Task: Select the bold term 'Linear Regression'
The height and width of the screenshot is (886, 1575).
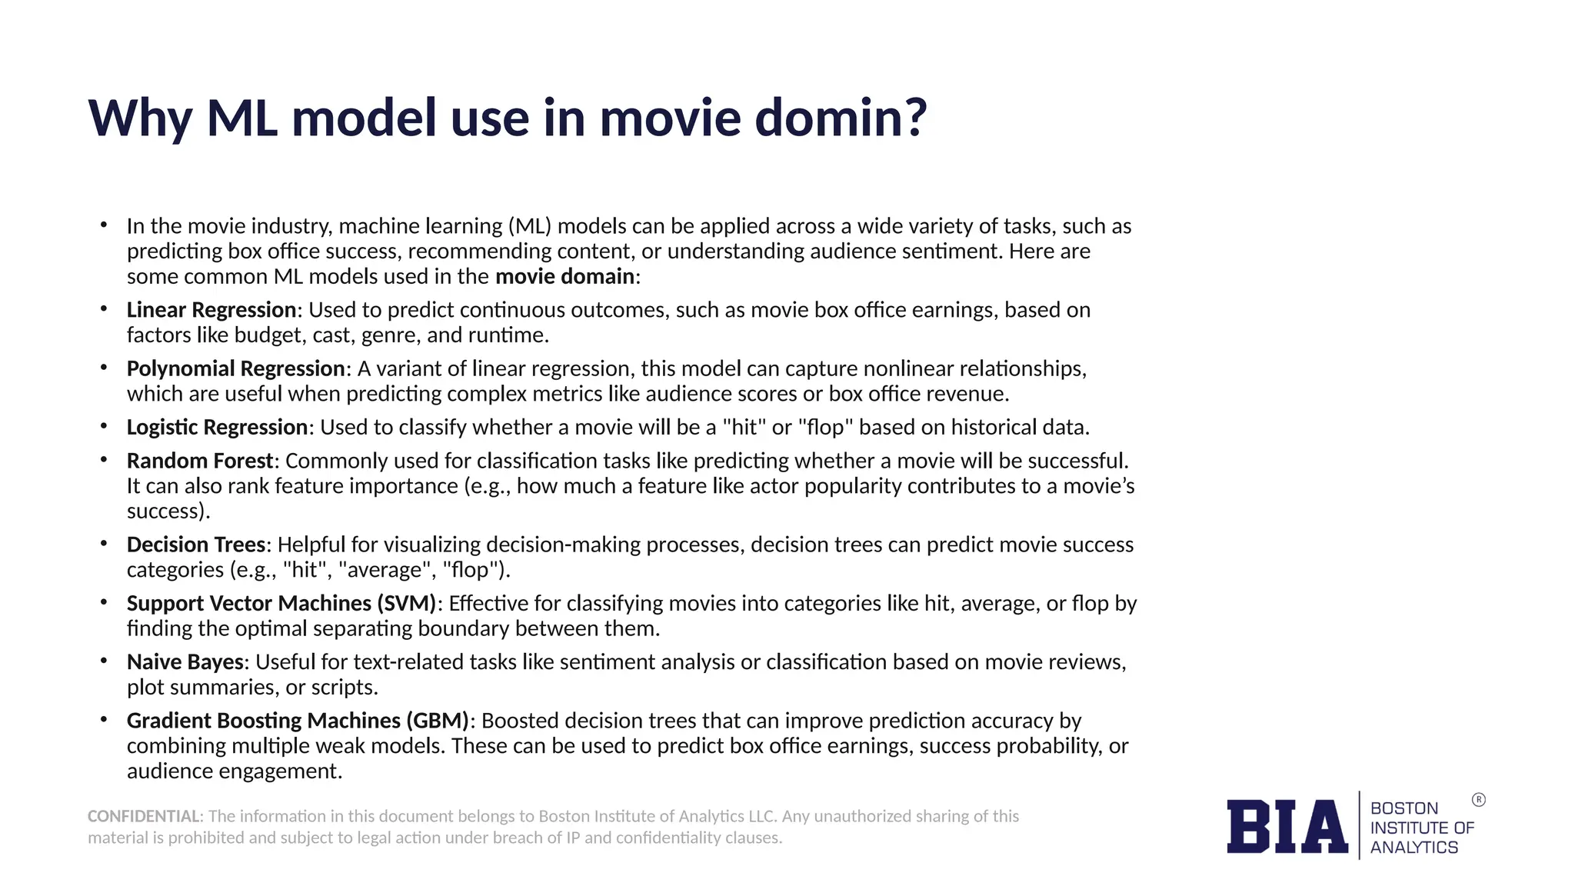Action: (211, 310)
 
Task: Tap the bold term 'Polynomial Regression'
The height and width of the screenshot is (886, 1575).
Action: (235, 369)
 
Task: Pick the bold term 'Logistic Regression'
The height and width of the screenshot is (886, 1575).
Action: (218, 428)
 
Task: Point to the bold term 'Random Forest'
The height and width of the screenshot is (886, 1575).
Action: (200, 461)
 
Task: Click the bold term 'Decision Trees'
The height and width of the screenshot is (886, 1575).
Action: (196, 545)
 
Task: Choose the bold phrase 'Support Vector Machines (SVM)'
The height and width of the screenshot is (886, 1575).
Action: (281, 604)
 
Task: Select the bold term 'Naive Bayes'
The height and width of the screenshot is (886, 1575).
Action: (185, 662)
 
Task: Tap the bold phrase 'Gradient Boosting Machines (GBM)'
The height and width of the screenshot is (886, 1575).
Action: (298, 721)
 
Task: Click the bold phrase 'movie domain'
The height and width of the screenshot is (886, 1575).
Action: (565, 277)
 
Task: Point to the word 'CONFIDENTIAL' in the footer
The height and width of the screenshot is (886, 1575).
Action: (144, 816)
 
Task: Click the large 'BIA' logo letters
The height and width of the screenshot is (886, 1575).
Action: (1287, 827)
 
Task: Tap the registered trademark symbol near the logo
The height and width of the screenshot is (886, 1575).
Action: (1478, 800)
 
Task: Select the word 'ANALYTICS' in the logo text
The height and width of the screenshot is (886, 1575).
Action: (1414, 848)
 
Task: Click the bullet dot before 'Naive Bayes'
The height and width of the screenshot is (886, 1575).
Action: (103, 661)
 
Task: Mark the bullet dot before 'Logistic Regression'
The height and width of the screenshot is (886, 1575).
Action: (103, 426)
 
